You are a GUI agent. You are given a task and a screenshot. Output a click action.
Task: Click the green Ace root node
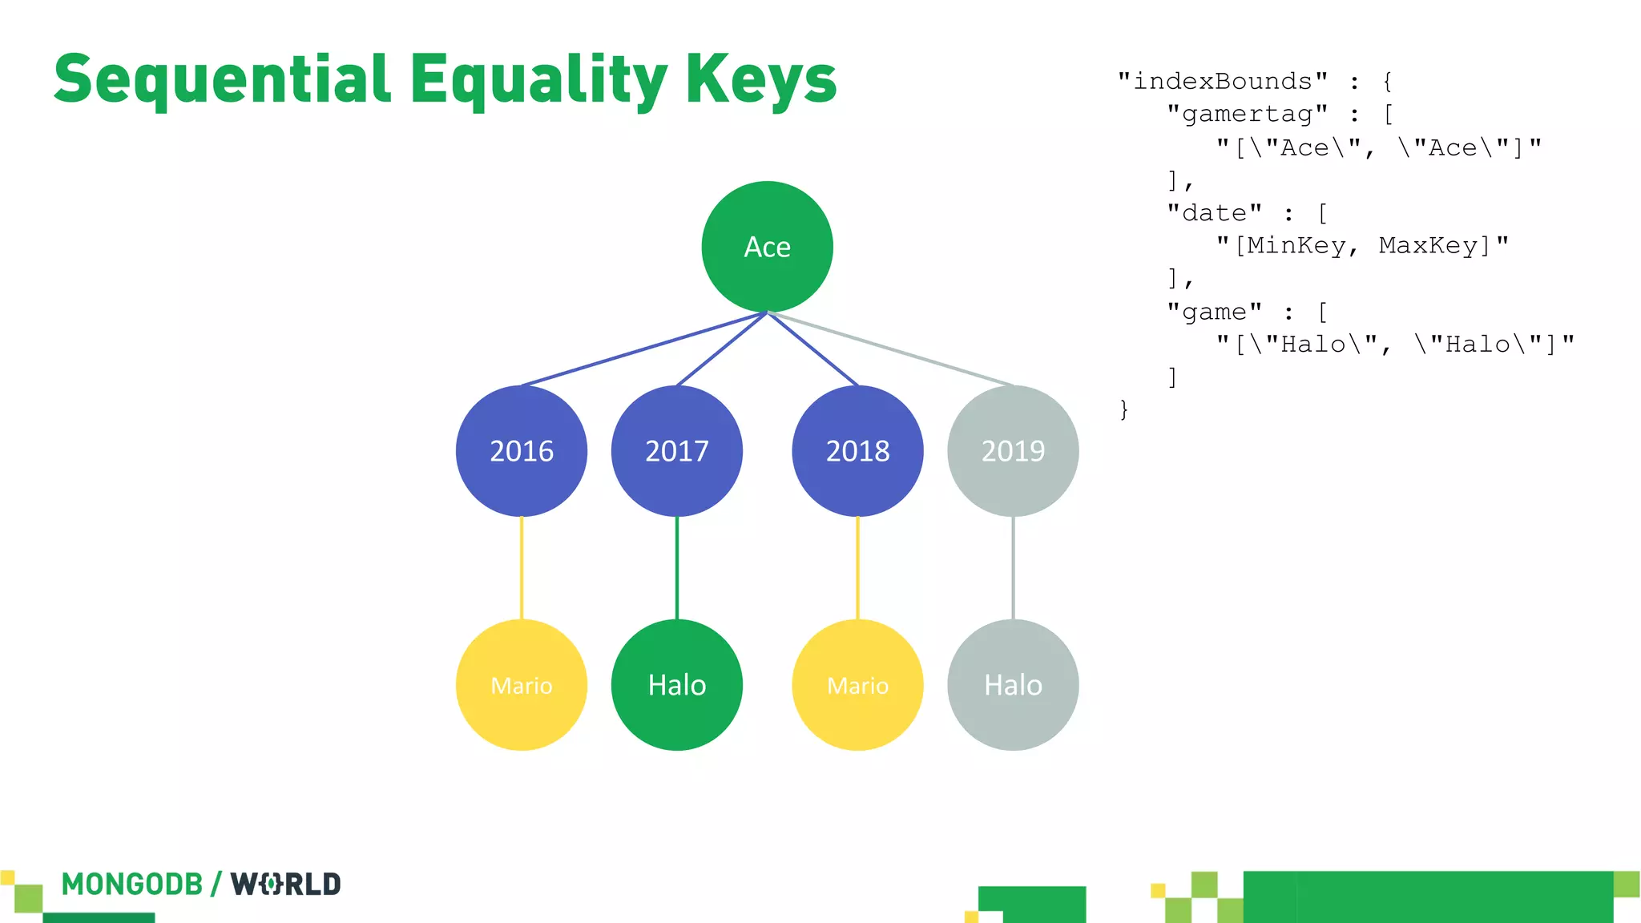[767, 247]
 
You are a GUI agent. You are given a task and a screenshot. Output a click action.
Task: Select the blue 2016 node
[522, 451]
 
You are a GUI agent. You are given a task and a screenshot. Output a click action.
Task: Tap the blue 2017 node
[677, 451]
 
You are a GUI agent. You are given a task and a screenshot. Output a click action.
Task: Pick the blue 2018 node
[857, 451]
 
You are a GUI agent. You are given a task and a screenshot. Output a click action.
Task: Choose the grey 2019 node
[1013, 451]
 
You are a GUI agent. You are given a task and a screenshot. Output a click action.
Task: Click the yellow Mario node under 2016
[522, 685]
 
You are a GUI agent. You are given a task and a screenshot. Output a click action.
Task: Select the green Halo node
[677, 685]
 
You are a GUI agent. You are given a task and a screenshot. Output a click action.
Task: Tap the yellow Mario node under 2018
[857, 685]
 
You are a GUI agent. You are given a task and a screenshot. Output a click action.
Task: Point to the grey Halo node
[1013, 685]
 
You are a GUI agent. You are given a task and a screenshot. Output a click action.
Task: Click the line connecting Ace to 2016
[641, 349]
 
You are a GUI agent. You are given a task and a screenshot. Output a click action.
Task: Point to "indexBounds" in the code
[1223, 82]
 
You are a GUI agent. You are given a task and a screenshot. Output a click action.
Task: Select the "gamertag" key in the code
[1247, 115]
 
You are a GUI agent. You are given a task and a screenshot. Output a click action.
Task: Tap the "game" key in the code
[1215, 312]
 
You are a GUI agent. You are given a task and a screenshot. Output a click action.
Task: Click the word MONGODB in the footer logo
[132, 885]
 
